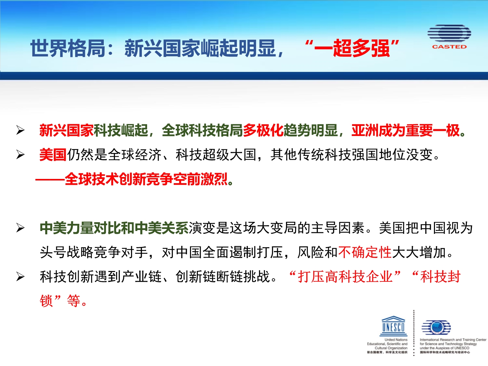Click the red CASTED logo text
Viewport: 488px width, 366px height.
coord(449,47)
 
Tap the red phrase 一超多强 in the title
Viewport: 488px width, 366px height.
coord(352,48)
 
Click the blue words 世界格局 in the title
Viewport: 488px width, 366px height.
coord(68,48)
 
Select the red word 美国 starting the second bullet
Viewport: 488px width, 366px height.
coord(53,155)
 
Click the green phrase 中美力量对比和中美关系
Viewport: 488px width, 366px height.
coord(114,228)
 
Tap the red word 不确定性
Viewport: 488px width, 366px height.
coord(365,252)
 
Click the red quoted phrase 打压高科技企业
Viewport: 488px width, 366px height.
coord(345,277)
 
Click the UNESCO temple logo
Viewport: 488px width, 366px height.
coord(394,326)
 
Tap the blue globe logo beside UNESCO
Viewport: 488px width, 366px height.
coord(436,327)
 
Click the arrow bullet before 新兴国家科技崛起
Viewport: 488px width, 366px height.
coord(20,130)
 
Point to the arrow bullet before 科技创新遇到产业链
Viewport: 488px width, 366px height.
coord(20,277)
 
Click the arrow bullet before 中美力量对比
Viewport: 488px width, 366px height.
coord(20,228)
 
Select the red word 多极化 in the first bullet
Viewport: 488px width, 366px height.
coord(263,130)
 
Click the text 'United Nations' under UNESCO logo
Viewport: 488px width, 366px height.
coord(396,340)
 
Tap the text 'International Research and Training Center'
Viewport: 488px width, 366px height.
coord(453,340)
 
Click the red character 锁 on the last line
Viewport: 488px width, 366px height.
coord(46,301)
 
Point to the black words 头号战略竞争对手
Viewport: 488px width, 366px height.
coord(94,252)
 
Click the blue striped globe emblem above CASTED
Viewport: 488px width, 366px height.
coord(449,33)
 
